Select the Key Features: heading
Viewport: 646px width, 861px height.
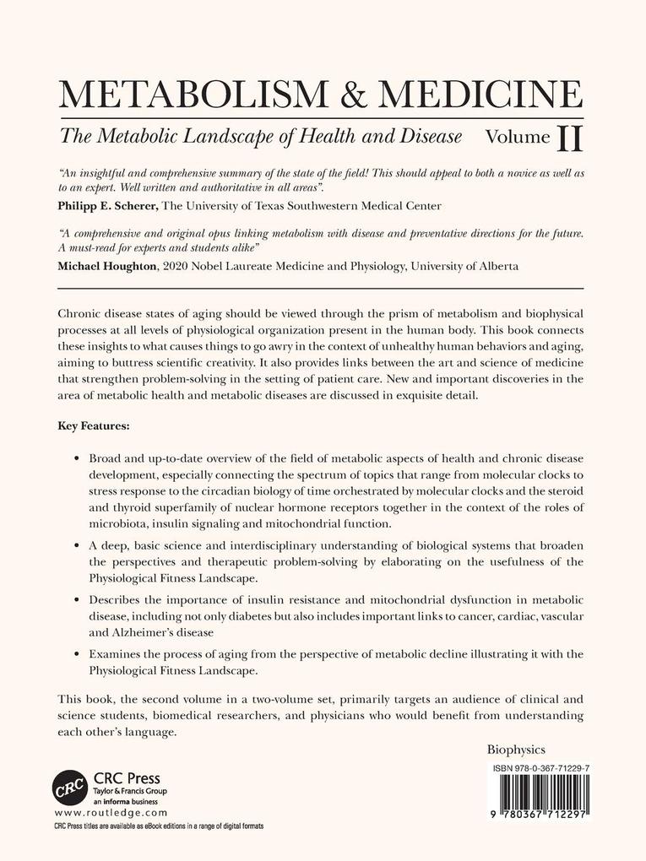point(93,426)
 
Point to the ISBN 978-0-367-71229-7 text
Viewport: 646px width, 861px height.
point(537,768)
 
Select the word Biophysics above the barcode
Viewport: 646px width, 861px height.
point(517,749)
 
